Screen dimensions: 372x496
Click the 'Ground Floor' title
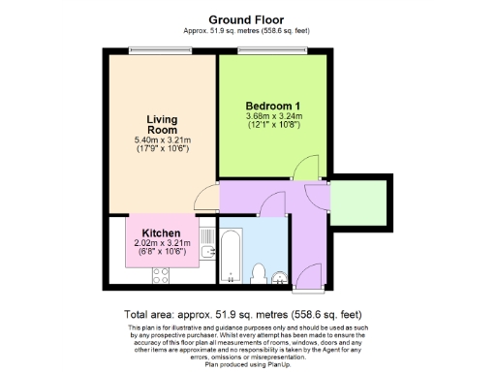click(247, 19)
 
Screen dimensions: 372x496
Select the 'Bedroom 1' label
click(273, 106)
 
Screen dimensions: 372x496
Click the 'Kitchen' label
click(162, 233)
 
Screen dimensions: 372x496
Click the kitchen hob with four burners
click(161, 275)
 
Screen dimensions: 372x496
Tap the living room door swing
click(206, 199)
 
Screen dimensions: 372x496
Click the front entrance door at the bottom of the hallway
click(310, 276)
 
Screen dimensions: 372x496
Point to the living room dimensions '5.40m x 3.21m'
click(162, 141)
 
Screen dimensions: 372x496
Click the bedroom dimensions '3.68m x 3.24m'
click(273, 116)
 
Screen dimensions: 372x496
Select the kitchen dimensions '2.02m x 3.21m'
click(162, 244)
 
